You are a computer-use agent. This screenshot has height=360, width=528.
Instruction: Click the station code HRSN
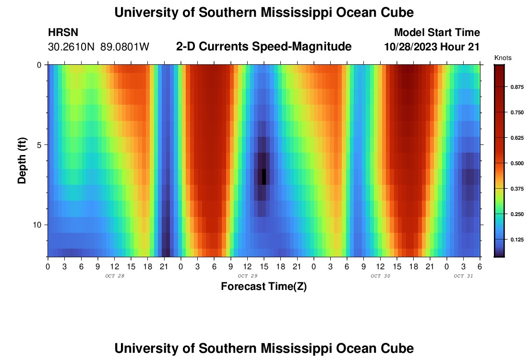(63, 33)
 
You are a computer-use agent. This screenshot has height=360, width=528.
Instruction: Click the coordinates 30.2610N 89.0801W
(98, 47)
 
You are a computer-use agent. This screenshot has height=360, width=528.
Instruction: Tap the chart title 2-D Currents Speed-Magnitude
(264, 47)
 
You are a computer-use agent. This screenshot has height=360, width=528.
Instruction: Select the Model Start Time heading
(437, 33)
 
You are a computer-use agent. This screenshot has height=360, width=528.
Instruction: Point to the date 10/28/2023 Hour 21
(432, 47)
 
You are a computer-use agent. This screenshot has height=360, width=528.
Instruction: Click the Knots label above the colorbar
(503, 58)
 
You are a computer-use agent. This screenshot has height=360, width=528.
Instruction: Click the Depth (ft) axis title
(22, 160)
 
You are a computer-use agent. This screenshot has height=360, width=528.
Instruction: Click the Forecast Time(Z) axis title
(264, 287)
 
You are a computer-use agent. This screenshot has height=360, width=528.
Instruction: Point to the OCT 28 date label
(114, 276)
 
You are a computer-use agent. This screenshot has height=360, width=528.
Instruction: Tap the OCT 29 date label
(247, 276)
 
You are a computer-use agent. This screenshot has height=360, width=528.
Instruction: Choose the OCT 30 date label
(380, 276)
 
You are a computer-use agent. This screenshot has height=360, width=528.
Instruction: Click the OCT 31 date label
(463, 276)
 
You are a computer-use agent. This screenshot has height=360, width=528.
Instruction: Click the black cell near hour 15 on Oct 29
(264, 177)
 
